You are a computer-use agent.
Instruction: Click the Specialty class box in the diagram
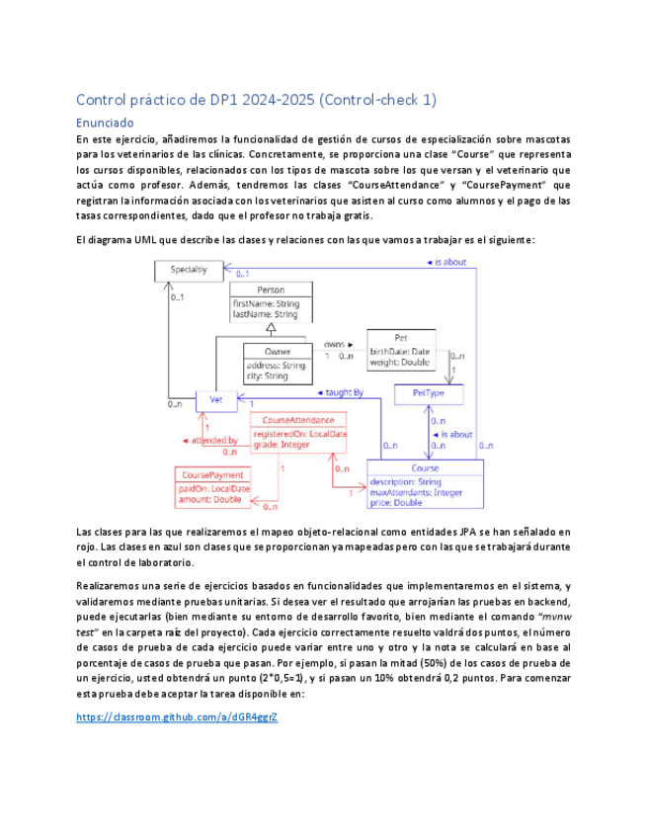point(189,270)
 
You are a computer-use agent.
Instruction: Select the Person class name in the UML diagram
point(271,290)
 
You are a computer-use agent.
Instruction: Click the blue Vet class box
point(216,400)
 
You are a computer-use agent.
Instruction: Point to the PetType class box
point(428,393)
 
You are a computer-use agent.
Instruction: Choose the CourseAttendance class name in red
point(298,421)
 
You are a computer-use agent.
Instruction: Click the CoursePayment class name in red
point(212,475)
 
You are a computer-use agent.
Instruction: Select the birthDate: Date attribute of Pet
point(400,351)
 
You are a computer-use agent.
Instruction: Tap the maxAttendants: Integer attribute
point(415,492)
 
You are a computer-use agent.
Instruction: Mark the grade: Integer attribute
point(282,445)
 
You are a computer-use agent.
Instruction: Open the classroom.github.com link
point(176,716)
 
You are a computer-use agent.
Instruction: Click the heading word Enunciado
point(105,124)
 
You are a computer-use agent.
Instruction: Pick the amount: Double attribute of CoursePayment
point(209,500)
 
